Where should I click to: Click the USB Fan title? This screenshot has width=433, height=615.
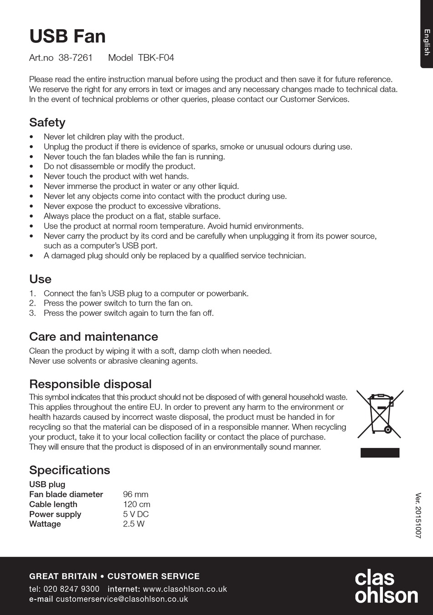pos(67,36)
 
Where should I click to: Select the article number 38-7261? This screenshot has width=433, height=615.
pos(75,58)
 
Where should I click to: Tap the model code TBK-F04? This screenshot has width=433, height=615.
pos(156,58)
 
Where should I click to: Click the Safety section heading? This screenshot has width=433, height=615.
pos(47,122)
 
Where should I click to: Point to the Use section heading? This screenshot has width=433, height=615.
pos(40,279)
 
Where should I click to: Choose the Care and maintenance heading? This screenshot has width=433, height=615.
pos(93,337)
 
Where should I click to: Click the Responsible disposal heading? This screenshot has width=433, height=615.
pos(90,384)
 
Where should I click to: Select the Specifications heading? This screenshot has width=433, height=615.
pos(70,470)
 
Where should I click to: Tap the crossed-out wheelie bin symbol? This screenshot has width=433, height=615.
pos(380,414)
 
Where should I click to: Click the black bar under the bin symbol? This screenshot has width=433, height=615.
pos(380,453)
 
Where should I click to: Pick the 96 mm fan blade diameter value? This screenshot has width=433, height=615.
pos(135,495)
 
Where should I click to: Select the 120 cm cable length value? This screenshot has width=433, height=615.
pos(137,505)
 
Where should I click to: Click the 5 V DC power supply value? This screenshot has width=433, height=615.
pos(136,514)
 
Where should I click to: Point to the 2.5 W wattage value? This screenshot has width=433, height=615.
pos(134,524)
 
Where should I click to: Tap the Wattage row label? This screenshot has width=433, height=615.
pos(45,524)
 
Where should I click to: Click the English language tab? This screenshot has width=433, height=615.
pos(427,42)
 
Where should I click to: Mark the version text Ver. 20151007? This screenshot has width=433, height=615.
pos(418,516)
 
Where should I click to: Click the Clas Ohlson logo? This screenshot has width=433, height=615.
pos(386,587)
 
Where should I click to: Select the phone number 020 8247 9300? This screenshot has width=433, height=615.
pos(71,589)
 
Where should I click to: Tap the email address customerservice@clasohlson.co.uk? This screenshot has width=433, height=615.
pos(122,599)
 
